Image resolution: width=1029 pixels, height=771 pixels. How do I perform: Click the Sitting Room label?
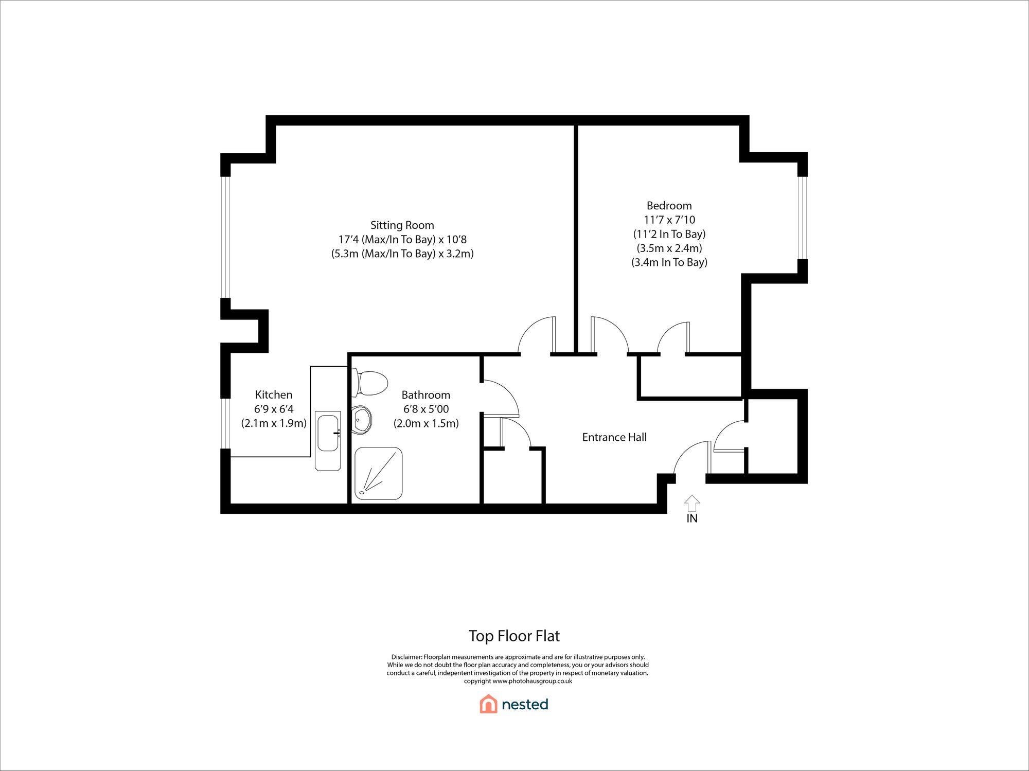coord(402,225)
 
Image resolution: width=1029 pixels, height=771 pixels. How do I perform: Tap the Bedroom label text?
coord(669,206)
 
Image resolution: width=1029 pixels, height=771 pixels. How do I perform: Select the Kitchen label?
coord(274,395)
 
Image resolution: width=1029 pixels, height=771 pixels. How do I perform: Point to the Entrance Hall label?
coord(614,437)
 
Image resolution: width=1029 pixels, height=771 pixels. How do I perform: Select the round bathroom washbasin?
coord(363,420)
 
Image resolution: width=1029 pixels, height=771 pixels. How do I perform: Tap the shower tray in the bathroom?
coord(378,473)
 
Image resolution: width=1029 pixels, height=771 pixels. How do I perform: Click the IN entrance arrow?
coord(692,503)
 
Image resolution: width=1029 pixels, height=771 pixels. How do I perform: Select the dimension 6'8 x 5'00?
coord(426,409)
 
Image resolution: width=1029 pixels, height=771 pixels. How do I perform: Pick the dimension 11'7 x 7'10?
coord(669,220)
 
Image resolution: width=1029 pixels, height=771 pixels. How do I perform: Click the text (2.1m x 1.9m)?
coord(274,423)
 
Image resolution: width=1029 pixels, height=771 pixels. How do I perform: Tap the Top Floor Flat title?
coord(514,636)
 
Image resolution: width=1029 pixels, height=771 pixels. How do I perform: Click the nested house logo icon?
coord(488,704)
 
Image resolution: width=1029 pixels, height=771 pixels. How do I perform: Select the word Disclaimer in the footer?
coord(406,657)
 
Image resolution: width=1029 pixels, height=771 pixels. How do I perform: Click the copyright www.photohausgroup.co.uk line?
coord(518,681)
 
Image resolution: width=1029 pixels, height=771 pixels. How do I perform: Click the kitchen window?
coord(225,424)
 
